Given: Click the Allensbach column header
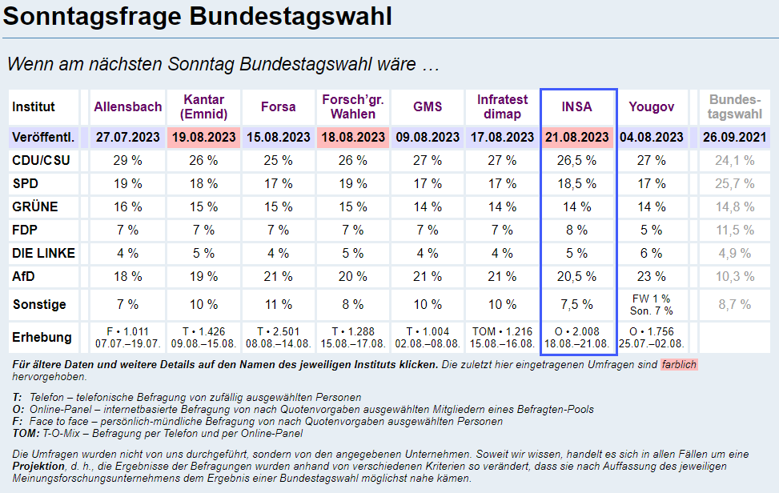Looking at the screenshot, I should (128, 106).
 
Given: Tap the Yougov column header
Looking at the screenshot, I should (651, 106).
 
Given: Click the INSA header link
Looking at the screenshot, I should (577, 106).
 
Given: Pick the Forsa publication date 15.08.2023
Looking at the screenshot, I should (278, 137).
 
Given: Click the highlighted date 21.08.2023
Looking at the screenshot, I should (577, 137).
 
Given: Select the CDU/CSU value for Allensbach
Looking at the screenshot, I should (128, 160).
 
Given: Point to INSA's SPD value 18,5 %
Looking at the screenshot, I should (577, 183).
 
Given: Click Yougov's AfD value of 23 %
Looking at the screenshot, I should (651, 277).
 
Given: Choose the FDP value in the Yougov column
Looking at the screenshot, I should (651, 230).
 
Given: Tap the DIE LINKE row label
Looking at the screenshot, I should (44, 254).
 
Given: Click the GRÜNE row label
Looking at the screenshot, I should (35, 207).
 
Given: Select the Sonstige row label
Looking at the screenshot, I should (39, 305).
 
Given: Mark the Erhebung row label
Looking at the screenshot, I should (42, 337).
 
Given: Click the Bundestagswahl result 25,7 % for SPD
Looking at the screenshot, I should (734, 183).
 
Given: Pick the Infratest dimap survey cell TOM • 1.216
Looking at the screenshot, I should (503, 331).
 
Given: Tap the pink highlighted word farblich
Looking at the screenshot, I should (679, 365).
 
